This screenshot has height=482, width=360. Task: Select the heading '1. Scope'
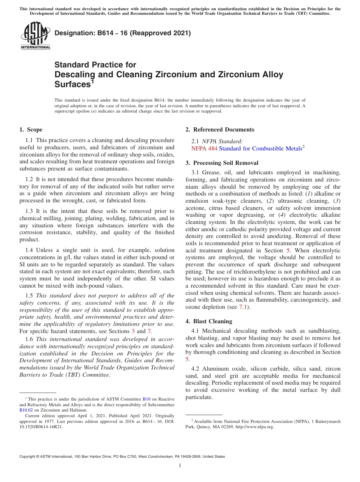(31, 130)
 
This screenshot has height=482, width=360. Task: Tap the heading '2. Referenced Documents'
(220, 130)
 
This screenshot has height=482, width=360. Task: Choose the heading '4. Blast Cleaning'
(209, 321)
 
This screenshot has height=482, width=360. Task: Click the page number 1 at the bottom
(180, 465)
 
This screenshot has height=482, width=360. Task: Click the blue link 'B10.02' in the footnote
(26, 410)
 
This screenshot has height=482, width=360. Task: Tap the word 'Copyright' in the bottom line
(29, 457)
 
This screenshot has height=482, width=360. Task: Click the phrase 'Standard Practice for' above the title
(95, 65)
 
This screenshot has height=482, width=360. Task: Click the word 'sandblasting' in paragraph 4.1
(324, 331)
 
